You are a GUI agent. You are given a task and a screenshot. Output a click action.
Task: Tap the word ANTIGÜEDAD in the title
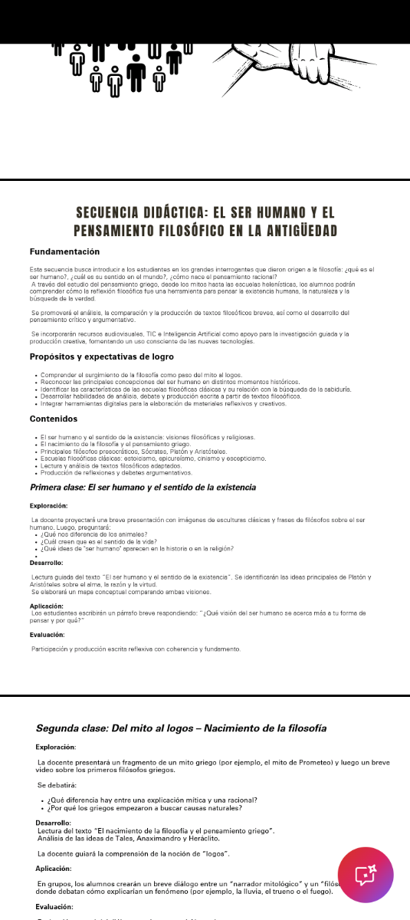pyautogui.click(x=300, y=231)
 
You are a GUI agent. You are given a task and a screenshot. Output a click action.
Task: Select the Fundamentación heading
pyautogui.click(x=64, y=251)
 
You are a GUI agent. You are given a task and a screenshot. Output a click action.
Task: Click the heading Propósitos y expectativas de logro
pyautogui.click(x=101, y=356)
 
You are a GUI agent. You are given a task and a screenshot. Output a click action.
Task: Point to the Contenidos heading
pyautogui.click(x=54, y=419)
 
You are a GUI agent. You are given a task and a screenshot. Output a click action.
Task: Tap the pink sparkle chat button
pyautogui.click(x=366, y=875)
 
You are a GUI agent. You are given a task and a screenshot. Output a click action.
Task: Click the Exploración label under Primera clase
pyautogui.click(x=49, y=505)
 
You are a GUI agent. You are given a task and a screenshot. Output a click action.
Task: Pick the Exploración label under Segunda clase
pyautogui.click(x=56, y=746)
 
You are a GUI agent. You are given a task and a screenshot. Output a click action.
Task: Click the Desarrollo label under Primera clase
pyautogui.click(x=47, y=563)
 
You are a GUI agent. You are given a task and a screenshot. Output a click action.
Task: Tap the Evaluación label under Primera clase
pyautogui.click(x=48, y=635)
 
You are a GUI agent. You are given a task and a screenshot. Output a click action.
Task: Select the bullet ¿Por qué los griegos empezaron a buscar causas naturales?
pyautogui.click(x=145, y=808)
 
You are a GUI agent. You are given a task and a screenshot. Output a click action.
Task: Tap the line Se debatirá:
pyautogui.click(x=57, y=785)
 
